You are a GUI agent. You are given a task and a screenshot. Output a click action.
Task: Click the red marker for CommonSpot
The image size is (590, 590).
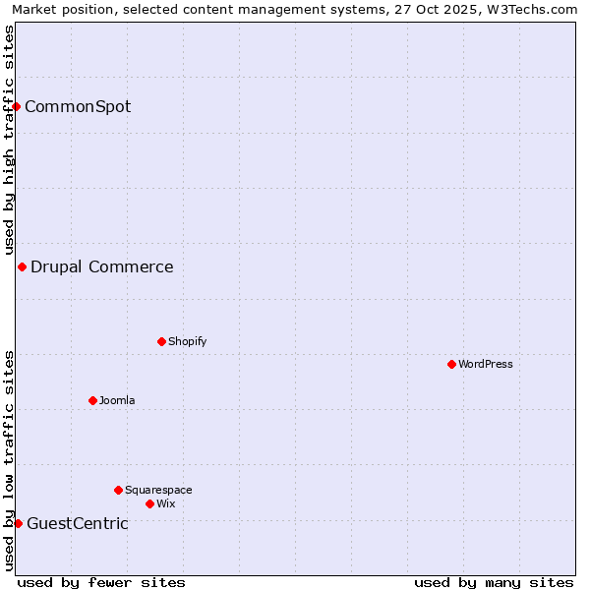(17, 106)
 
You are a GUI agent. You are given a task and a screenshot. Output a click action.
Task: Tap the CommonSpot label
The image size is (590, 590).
(78, 106)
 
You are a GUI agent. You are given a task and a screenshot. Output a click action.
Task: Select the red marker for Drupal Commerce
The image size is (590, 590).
(22, 266)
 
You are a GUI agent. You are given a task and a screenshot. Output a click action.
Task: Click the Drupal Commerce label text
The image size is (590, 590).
(102, 266)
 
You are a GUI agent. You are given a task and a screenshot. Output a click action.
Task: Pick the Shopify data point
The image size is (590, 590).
(161, 341)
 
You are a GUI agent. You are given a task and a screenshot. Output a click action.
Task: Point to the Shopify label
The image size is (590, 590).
(188, 341)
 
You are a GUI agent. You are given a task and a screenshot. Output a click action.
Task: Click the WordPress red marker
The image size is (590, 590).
(451, 364)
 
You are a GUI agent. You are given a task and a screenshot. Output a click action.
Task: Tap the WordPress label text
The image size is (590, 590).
(486, 364)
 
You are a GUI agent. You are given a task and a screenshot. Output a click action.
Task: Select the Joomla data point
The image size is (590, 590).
(92, 400)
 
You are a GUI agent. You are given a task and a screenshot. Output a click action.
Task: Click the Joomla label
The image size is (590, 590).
(117, 400)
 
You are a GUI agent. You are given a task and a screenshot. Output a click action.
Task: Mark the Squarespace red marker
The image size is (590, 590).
(118, 490)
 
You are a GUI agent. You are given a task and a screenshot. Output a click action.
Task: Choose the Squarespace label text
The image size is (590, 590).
(158, 490)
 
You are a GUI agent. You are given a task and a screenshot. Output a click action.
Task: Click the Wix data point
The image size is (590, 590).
(149, 503)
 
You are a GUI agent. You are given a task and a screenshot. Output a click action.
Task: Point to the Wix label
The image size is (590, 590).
(166, 503)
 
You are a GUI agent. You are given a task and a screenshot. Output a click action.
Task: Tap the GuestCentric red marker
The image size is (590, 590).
(18, 523)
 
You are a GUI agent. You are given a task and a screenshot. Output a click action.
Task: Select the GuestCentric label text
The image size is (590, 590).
(78, 523)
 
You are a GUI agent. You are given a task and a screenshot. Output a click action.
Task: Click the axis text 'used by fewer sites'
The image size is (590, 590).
(101, 582)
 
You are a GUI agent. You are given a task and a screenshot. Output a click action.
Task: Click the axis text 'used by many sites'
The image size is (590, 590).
(494, 582)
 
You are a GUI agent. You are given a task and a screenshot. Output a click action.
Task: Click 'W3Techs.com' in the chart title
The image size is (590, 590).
(535, 9)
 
